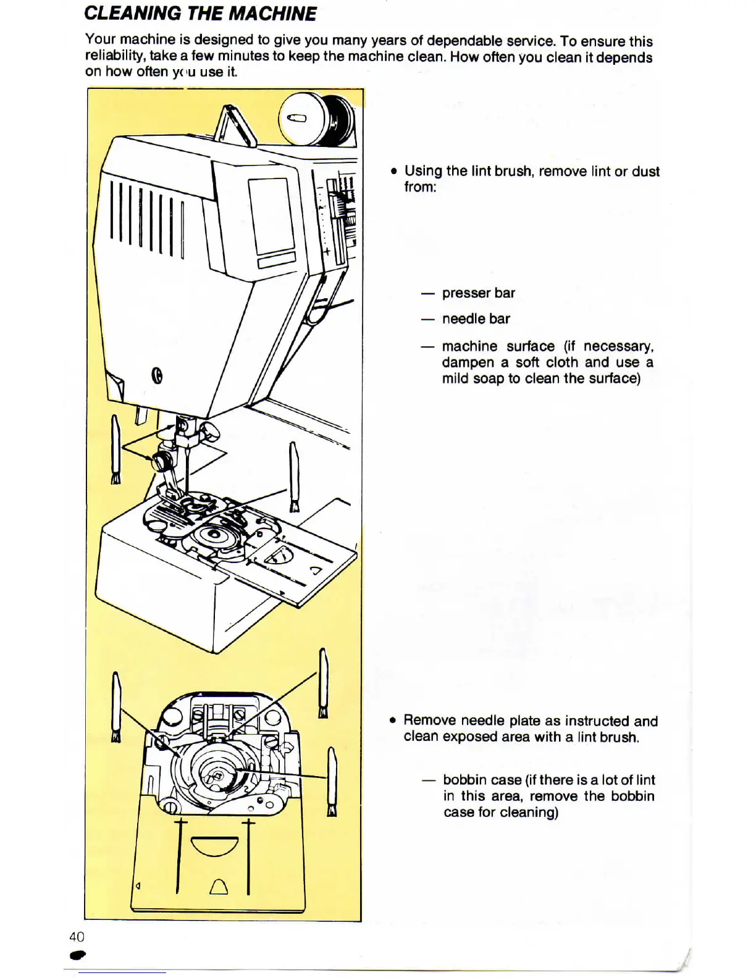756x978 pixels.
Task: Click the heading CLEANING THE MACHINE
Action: point(200,14)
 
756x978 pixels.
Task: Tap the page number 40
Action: point(77,936)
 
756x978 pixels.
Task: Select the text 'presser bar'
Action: point(478,293)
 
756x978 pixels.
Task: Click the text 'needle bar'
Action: point(476,319)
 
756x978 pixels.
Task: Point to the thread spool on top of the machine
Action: point(316,120)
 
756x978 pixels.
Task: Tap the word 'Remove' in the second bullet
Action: point(429,721)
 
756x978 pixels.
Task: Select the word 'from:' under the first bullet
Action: point(420,187)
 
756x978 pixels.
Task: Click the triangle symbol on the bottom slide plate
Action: point(219,887)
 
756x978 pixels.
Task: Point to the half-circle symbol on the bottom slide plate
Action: point(215,845)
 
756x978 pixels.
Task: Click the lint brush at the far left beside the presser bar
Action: point(115,449)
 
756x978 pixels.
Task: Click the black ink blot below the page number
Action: point(78,955)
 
